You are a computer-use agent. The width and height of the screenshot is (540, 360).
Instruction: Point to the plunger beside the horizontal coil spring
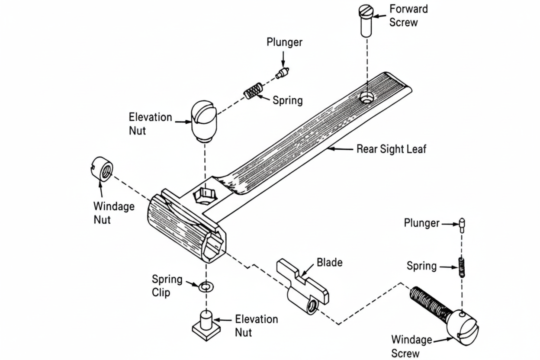click(283, 72)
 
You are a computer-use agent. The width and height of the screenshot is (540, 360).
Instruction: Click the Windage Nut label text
click(114, 213)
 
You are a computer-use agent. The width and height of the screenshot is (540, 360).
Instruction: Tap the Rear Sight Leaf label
click(391, 149)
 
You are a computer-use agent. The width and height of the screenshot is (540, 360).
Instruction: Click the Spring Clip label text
click(167, 286)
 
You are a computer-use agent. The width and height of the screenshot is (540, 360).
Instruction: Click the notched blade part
click(303, 286)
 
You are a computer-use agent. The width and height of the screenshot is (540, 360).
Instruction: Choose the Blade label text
click(329, 262)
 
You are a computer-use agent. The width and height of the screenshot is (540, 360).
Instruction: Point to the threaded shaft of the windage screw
click(430, 303)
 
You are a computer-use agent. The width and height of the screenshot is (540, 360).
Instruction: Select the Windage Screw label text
click(411, 346)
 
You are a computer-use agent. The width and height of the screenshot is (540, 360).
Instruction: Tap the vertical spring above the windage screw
click(462, 267)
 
